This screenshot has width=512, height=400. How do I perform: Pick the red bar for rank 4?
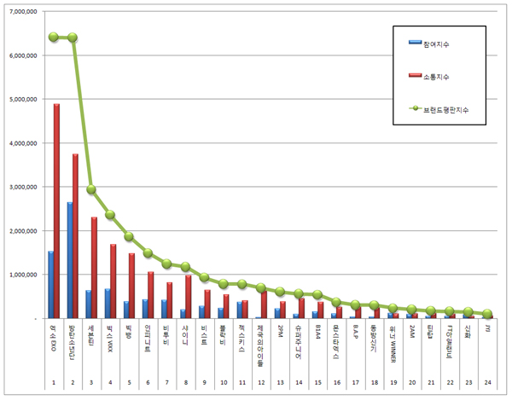pyautogui.click(x=113, y=281)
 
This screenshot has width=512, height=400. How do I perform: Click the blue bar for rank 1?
pyautogui.click(x=51, y=285)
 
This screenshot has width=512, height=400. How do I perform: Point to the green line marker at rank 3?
pyautogui.click(x=91, y=190)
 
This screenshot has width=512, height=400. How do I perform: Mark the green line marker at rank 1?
pyautogui.click(x=54, y=37)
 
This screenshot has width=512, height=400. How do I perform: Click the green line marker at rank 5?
pyautogui.click(x=129, y=236)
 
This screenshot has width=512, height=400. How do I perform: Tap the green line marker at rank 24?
pyautogui.click(x=486, y=314)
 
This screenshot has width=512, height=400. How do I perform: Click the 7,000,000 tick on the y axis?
pyautogui.click(x=24, y=11)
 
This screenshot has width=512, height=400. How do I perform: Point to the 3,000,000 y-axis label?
pyautogui.click(x=24, y=187)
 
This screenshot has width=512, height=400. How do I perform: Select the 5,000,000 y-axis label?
pyautogui.click(x=24, y=99)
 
